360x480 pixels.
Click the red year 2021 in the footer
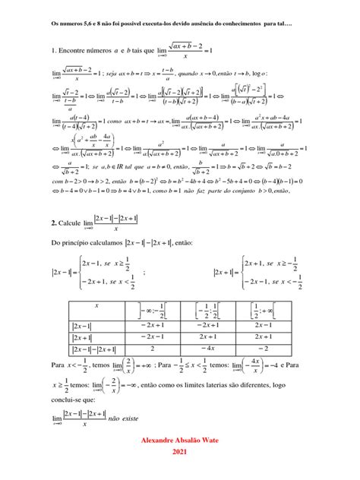coord(179,452)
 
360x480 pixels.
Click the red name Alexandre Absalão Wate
coord(179,440)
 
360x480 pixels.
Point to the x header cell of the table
coord(96,308)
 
